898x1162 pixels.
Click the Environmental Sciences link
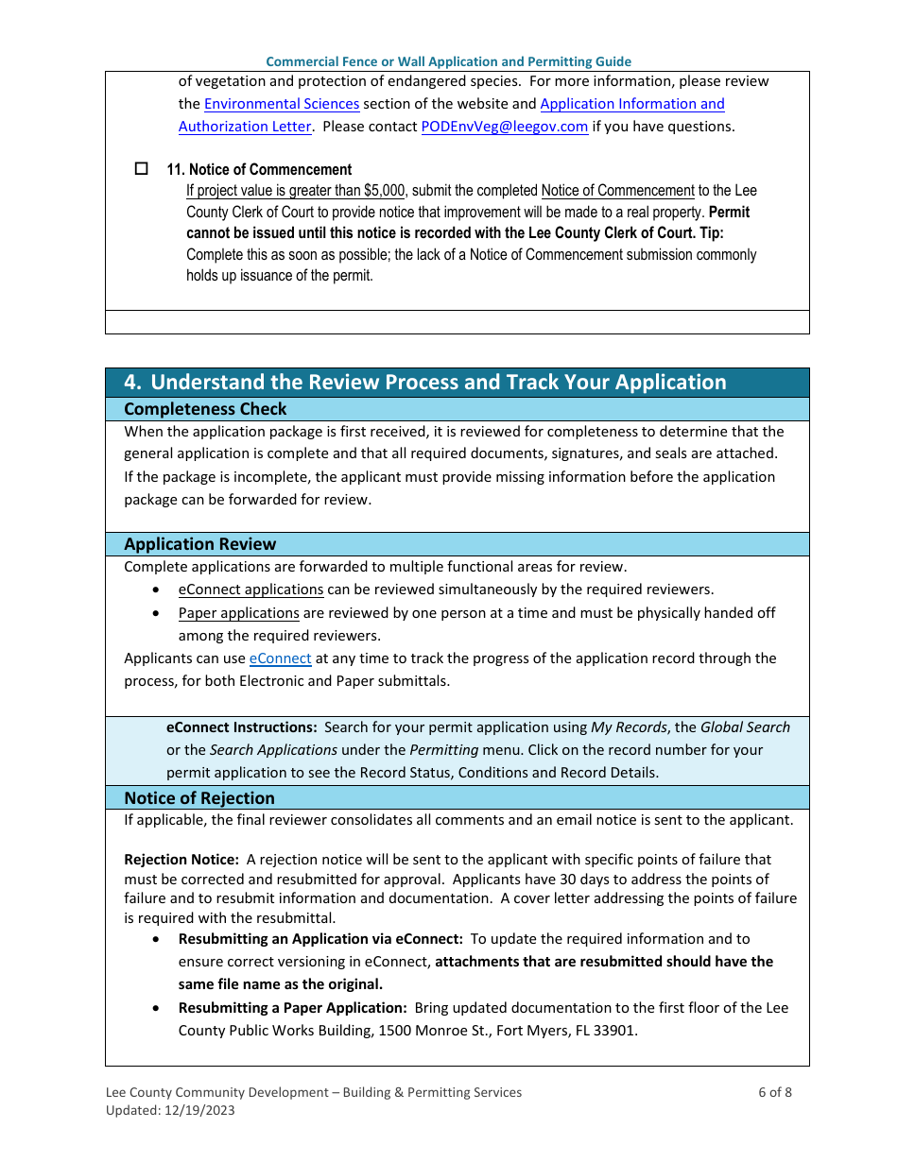point(282,104)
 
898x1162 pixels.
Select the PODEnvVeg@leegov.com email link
point(504,127)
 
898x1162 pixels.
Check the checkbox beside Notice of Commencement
point(142,169)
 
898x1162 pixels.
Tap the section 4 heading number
point(133,383)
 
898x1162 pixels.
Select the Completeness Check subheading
point(205,409)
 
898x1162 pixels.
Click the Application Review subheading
point(200,544)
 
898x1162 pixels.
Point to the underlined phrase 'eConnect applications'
point(250,590)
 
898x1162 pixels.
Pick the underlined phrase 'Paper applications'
point(238,613)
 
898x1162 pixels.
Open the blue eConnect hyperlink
point(280,658)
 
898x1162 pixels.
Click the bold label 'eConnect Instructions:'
point(241,727)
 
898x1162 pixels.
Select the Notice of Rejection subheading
point(199,798)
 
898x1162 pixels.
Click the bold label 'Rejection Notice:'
point(181,860)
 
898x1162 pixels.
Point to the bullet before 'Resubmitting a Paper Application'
point(156,1009)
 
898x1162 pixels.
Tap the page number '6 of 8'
point(774,1093)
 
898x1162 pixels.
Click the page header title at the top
point(448,61)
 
